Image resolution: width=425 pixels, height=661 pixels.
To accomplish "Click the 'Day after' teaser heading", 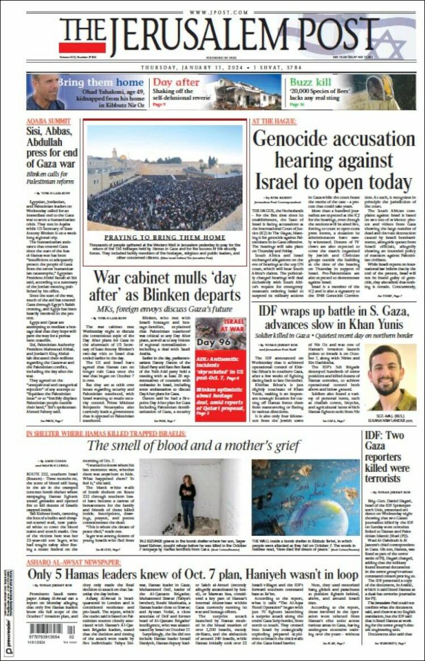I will pos(176,82).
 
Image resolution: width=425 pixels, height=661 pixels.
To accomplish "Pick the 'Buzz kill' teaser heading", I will pos(311,82).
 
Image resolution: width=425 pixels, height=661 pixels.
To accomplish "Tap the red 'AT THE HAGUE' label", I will pos(274,121).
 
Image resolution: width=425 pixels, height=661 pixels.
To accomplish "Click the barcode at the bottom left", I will pos(46,629).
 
